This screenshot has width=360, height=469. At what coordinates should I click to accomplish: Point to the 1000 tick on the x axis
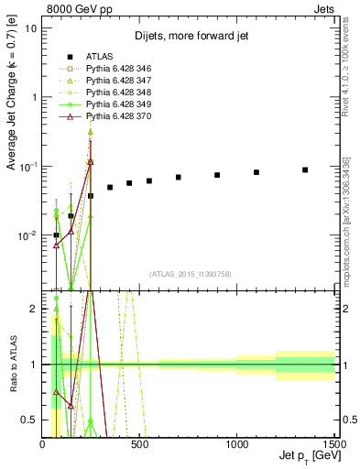237,444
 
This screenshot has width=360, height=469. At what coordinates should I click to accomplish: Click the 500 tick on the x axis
139,444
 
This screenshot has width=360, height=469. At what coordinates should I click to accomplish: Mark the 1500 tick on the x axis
333,444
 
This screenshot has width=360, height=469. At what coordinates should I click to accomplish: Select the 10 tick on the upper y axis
31,27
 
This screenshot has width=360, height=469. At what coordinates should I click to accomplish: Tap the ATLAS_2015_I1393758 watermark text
190,274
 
